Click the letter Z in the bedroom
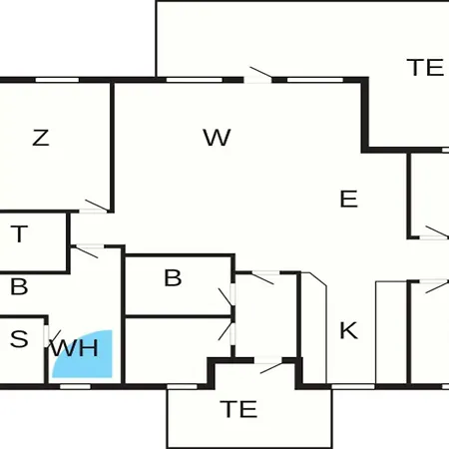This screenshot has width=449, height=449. pyautogui.click(x=41, y=138)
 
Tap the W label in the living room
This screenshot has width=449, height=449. pyautogui.click(x=217, y=137)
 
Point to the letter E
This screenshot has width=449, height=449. pyautogui.click(x=349, y=199)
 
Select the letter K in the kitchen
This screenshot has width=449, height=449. pyautogui.click(x=349, y=330)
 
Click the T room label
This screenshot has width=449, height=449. pyautogui.click(x=19, y=233)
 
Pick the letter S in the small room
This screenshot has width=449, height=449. pyautogui.click(x=19, y=339)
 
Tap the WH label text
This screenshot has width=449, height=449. pyautogui.click(x=76, y=348)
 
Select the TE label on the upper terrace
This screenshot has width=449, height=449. pyautogui.click(x=425, y=68)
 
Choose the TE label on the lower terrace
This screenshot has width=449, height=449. pyautogui.click(x=238, y=409)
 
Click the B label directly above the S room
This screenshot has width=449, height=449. pyautogui.click(x=19, y=286)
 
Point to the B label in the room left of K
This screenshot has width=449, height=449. pyautogui.click(x=173, y=277)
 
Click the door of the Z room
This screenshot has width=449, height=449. pyautogui.click(x=94, y=207)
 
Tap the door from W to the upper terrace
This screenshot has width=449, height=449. pyautogui.click(x=258, y=75)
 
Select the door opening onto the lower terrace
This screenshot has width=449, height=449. pyautogui.click(x=269, y=365)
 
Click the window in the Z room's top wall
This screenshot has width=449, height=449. pyautogui.click(x=57, y=80)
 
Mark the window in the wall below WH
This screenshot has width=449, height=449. pyautogui.click(x=75, y=386)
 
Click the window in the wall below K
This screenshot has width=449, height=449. pyautogui.click(x=353, y=386)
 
